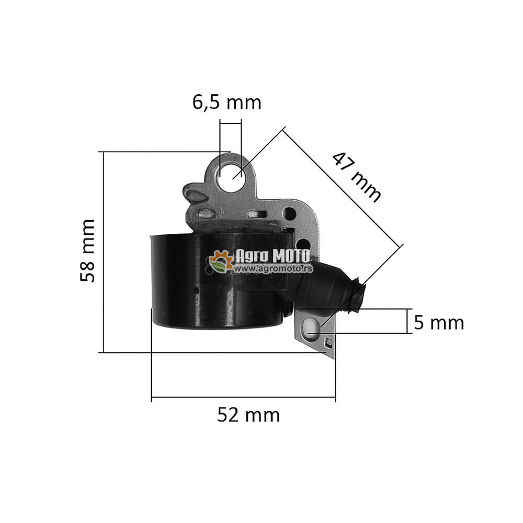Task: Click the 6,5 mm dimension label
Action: coord(227,103)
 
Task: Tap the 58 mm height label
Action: coord(88,251)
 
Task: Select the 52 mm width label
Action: coord(248,415)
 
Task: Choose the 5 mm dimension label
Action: coord(438,323)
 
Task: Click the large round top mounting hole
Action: coord(232,178)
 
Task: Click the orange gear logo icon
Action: coord(221,261)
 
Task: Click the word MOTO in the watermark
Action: coord(289,256)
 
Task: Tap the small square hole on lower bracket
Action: coord(328,343)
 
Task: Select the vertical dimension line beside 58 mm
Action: coord(104,251)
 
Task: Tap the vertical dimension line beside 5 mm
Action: coord(407,321)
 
